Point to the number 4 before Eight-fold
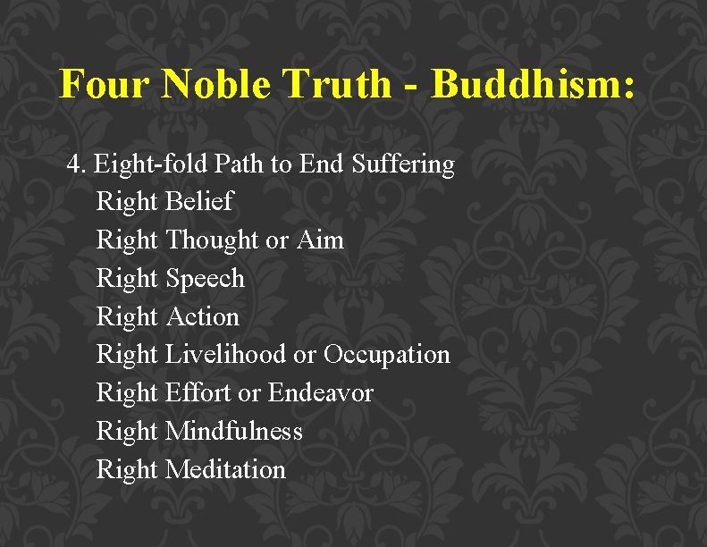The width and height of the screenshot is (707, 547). tap(73, 164)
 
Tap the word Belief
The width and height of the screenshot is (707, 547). tap(199, 202)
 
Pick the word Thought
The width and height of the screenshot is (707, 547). tap(212, 240)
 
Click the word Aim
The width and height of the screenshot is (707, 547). tap(319, 240)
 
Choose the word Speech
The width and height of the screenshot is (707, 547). tap(205, 279)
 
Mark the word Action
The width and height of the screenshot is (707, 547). tap(203, 317)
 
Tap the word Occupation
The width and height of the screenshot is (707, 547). tap(386, 355)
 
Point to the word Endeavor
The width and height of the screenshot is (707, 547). tap(320, 393)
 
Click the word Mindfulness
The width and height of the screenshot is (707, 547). tap(234, 432)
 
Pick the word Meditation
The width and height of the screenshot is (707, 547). tap(225, 470)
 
